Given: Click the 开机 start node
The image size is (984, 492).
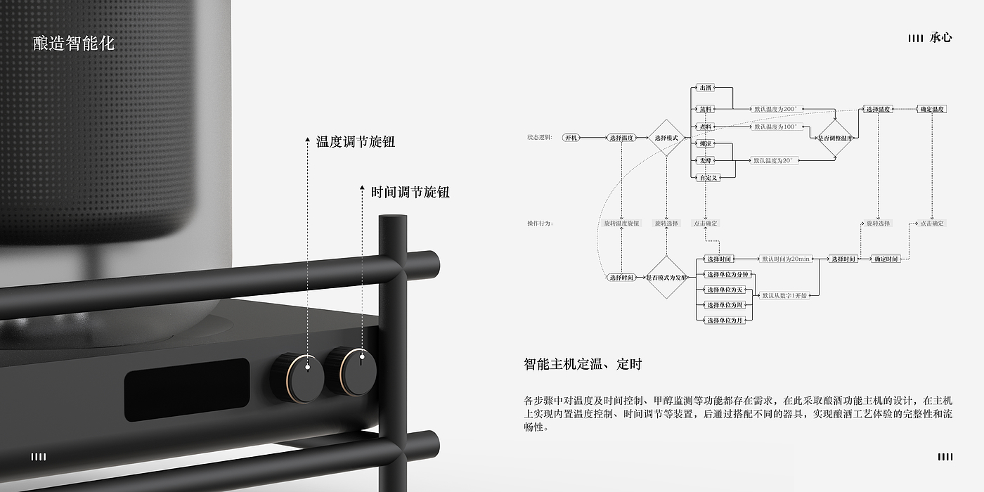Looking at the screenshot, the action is [571, 138].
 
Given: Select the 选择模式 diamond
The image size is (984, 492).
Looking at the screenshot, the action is [666, 138].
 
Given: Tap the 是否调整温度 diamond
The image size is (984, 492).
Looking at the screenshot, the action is [835, 138].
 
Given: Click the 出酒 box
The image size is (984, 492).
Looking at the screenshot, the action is [705, 88].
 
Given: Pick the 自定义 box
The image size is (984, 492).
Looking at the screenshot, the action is [708, 178].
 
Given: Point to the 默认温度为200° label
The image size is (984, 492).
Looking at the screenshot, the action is [775, 109].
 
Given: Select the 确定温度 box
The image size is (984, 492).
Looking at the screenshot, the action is [933, 109].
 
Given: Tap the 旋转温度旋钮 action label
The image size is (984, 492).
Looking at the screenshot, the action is [622, 224].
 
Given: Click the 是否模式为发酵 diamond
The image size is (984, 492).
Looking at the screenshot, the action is [666, 277].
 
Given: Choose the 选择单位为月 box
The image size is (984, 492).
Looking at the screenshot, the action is [725, 321].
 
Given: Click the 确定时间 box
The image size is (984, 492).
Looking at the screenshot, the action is [886, 259].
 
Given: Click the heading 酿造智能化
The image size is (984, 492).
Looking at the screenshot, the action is [74, 44].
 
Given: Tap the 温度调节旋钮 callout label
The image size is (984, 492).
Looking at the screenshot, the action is [355, 142].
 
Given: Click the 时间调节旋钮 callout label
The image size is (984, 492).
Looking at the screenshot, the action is [410, 192].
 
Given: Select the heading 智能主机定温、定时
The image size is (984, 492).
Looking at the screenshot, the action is [583, 364].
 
